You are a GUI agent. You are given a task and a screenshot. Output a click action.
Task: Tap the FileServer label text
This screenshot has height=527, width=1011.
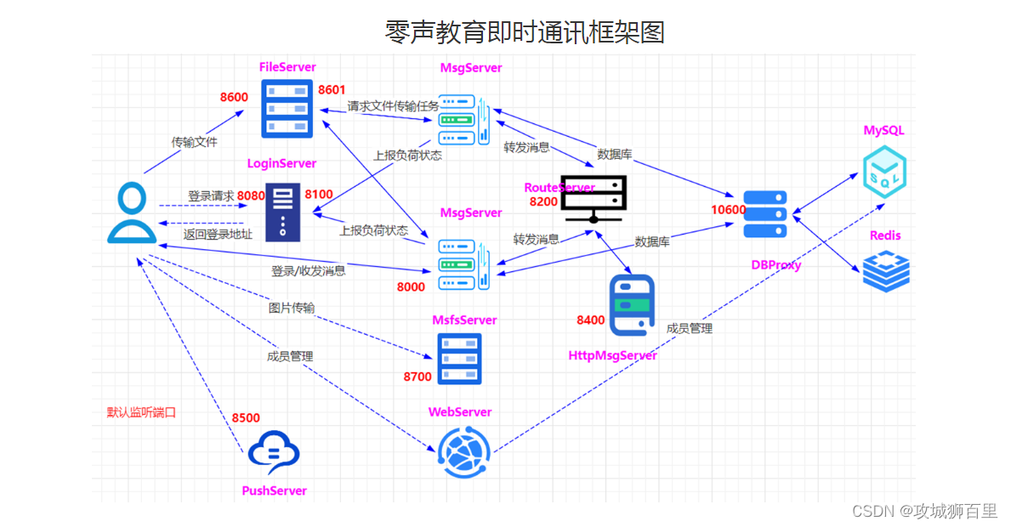(x=287, y=66)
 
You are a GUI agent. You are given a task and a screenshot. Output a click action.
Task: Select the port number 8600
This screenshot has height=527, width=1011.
(x=234, y=97)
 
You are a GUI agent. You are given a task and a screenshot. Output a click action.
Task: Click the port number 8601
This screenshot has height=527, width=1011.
(x=332, y=89)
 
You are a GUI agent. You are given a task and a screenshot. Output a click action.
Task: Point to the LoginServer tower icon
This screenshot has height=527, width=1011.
(x=283, y=212)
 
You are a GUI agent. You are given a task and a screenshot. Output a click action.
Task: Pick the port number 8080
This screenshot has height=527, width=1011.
(x=251, y=195)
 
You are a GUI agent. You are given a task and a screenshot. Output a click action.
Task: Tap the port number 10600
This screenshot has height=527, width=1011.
(x=729, y=210)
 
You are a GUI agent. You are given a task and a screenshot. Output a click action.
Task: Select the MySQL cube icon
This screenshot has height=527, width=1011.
(x=884, y=172)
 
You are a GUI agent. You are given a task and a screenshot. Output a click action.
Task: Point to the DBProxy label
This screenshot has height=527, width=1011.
(x=775, y=265)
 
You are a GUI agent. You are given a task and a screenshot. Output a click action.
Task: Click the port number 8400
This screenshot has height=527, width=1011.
(x=590, y=320)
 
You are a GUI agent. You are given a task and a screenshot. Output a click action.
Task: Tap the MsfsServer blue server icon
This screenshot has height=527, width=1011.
(x=459, y=359)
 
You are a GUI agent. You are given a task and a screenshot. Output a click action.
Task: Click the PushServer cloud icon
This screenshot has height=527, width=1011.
(x=274, y=453)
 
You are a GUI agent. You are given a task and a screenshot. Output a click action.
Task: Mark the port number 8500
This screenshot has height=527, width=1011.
(x=246, y=417)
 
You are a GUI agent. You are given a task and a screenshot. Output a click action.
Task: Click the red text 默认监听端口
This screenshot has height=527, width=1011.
(x=141, y=413)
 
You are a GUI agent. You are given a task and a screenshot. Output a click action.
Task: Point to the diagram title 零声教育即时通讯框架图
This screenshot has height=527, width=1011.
(x=524, y=32)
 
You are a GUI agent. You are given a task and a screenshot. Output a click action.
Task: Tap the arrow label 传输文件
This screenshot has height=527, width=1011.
(x=194, y=142)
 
